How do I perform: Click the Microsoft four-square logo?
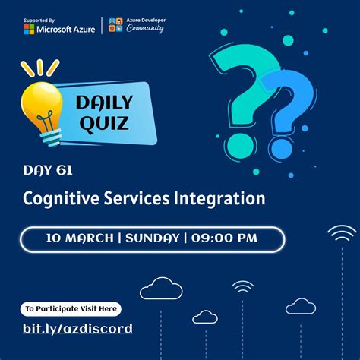[29, 29]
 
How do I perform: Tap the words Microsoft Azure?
[68, 29]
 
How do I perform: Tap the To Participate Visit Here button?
[70, 309]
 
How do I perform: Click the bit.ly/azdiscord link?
[77, 329]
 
